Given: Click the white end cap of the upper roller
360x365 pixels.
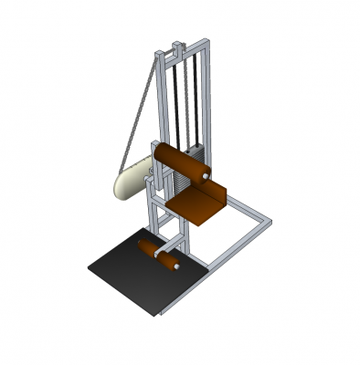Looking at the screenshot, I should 207,172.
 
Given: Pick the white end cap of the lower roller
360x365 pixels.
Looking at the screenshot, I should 176,266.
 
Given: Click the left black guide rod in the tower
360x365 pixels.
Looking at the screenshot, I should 175,100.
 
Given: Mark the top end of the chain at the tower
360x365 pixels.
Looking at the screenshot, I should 154,57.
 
